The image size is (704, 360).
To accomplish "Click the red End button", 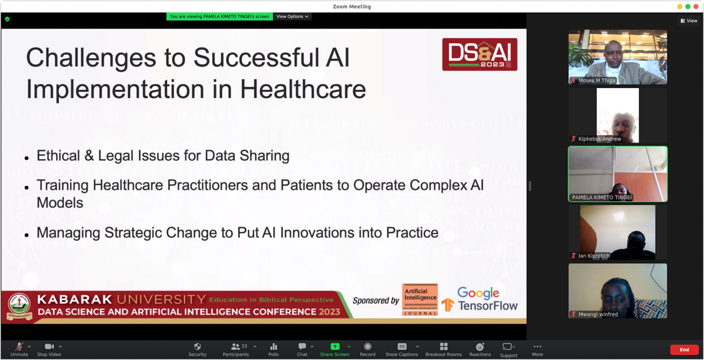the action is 684,350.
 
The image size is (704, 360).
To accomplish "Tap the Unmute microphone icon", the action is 19,346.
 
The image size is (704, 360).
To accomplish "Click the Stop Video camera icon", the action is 50,346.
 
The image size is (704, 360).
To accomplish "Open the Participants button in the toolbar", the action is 236,350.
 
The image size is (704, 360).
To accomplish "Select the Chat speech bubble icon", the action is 302,346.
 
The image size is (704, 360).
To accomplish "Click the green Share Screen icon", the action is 335,346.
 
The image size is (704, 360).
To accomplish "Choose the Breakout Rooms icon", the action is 444,346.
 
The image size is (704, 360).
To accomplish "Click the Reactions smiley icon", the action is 480,346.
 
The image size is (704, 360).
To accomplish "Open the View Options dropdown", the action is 292,16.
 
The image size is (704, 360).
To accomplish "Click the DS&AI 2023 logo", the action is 480,54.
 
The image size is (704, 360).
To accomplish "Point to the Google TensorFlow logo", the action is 480,300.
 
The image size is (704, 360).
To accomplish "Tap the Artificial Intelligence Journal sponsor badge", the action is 420,300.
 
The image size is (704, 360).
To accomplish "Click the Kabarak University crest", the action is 19,306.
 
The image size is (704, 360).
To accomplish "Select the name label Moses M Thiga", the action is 597,80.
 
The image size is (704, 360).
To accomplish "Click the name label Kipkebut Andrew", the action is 599,139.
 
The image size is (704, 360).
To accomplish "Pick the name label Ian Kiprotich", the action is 594,256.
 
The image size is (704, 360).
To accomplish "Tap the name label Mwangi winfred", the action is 598,314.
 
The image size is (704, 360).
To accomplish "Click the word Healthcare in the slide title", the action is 303,90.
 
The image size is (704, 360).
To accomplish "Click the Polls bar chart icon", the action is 274,346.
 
